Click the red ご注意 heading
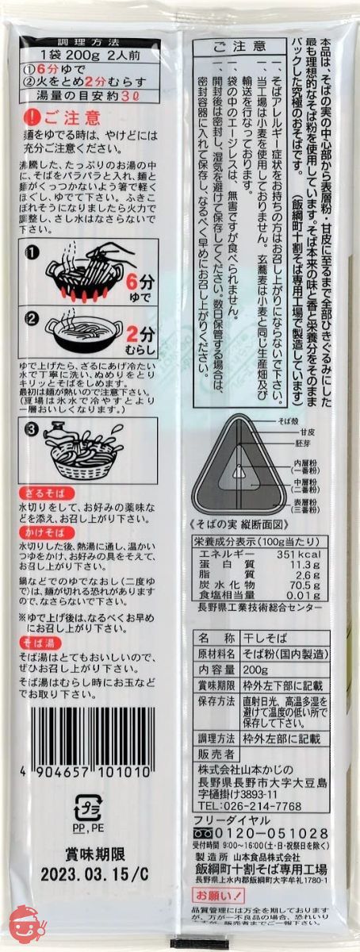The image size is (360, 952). click(x=72, y=119)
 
